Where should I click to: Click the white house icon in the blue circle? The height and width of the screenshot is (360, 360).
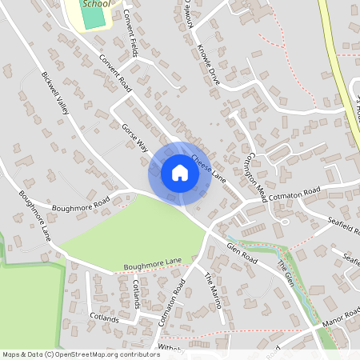[180, 173]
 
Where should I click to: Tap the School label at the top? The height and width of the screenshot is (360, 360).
[97, 4]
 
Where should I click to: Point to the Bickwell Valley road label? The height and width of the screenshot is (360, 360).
[57, 97]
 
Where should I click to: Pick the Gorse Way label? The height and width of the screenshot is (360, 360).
[135, 138]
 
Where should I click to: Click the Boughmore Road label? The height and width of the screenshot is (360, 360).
[79, 206]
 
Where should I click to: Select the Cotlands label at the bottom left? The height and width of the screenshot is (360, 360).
[103, 318]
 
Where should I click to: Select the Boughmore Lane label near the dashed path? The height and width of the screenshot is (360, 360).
[153, 263]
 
